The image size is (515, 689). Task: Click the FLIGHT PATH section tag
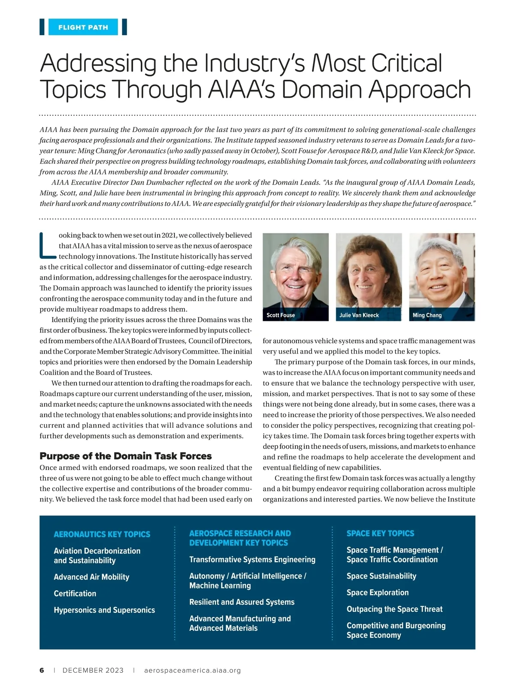point(83,27)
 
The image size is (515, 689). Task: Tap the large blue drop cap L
point(47,246)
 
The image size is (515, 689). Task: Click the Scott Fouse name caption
point(281,315)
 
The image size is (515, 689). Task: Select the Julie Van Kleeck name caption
point(359,315)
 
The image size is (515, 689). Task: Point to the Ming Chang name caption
point(427,315)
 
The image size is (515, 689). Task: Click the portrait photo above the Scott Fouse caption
point(295,271)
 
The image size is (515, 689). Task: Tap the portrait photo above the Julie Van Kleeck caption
point(369,271)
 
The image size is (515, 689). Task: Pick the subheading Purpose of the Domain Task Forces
point(125,456)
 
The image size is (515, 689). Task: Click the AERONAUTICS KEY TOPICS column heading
point(102,535)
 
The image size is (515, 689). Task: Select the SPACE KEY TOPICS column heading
point(380,534)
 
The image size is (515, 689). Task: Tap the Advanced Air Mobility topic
point(91,577)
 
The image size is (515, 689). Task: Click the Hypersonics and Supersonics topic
point(104,610)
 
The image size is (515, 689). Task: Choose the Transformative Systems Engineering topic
point(252,559)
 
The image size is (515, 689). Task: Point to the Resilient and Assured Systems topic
point(242,602)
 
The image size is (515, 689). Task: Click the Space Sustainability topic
point(381,576)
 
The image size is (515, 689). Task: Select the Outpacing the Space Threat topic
point(394,609)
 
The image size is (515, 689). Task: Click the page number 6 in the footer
point(42,671)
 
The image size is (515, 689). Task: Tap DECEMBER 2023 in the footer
point(93,671)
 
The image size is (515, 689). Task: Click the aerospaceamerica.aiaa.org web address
point(192,671)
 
